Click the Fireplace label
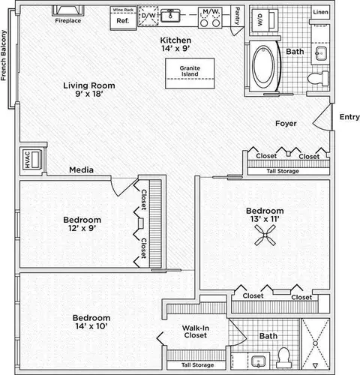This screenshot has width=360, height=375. click(68, 21)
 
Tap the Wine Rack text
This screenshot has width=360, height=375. click(123, 10)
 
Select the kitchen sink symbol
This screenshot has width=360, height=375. click(170, 16)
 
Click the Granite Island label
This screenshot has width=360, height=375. click(190, 71)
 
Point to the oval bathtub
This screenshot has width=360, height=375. click(263, 64)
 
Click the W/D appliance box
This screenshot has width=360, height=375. click(265, 20)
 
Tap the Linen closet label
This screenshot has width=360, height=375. click(320, 12)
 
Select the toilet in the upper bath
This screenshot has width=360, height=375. click(318, 78)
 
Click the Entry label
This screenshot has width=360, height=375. click(349, 117)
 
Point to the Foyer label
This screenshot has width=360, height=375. click(286, 123)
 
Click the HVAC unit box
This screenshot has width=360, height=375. click(31, 159)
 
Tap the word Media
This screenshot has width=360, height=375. click(81, 170)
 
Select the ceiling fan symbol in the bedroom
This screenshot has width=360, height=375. click(265, 235)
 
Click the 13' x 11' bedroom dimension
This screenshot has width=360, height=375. click(265, 219)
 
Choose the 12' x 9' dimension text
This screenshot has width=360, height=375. click(82, 228)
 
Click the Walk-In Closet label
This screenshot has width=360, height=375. click(196, 331)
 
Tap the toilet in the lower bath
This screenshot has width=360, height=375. click(283, 358)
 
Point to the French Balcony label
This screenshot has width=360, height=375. click(4, 55)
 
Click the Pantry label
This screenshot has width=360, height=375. click(237, 16)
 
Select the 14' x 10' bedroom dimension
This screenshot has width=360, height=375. click(91, 326)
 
